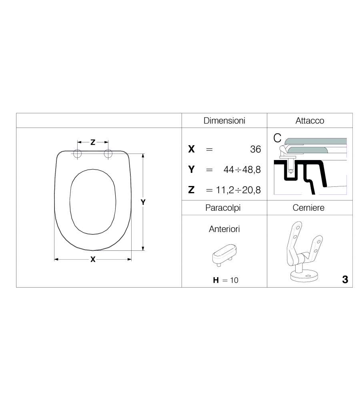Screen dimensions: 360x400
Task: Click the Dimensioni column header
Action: [224, 121]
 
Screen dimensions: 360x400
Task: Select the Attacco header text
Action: [310, 121]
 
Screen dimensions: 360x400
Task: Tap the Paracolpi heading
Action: [223, 208]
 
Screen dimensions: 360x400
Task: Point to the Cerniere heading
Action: [308, 208]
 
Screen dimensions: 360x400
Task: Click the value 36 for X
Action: [255, 149]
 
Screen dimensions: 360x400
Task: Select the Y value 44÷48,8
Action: [242, 169]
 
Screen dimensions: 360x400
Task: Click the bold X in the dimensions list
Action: [191, 149]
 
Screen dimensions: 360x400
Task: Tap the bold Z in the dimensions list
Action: [191, 190]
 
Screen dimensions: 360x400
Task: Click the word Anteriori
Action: [224, 229]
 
